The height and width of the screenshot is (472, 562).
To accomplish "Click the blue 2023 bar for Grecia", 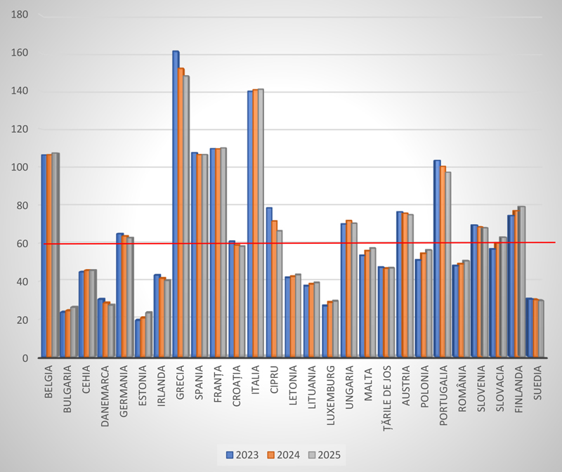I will [x=175, y=204].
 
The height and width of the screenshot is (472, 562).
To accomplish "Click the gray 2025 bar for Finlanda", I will [x=522, y=282].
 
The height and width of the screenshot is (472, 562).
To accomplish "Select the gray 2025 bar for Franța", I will [x=223, y=253].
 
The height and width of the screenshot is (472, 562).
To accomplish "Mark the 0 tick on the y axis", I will [x=25, y=358].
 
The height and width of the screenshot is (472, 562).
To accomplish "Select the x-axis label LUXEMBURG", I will [x=331, y=393].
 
